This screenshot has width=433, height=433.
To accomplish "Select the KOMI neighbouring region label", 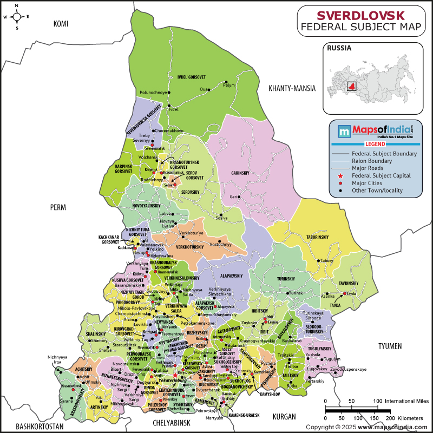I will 63,23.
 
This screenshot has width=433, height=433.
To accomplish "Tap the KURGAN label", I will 285,417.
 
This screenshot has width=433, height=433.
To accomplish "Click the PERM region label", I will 57,207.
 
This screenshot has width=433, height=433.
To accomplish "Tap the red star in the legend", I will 340,176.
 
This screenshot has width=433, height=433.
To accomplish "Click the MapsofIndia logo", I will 368,130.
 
